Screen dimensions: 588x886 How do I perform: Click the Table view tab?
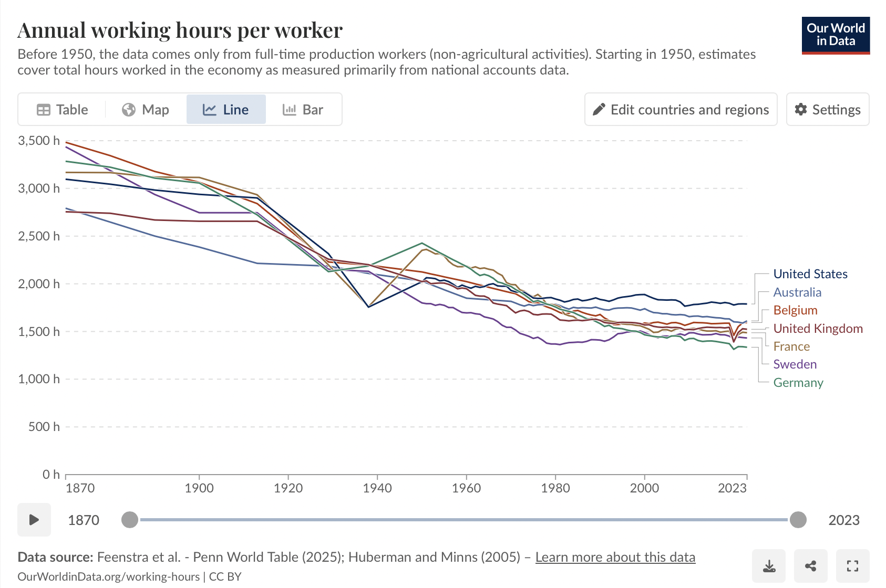coord(63,110)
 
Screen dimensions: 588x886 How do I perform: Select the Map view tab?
coord(146,110)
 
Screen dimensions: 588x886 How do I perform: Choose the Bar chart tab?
coord(303,110)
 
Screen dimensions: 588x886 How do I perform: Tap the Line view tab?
coord(226,110)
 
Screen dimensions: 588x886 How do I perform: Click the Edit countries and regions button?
coord(681,110)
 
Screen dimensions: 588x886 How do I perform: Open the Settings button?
coord(828,110)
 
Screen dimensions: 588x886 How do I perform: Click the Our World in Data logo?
coord(836,35)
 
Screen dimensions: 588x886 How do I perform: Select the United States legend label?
coord(810,274)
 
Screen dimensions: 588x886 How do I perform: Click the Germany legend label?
coord(798,383)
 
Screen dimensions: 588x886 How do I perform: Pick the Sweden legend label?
coord(795,364)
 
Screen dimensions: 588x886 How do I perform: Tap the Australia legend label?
coord(797,292)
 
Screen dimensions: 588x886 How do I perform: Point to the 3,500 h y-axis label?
coord(39,141)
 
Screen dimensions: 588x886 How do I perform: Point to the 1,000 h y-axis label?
coord(39,379)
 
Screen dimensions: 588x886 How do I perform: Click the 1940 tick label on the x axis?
coord(377,488)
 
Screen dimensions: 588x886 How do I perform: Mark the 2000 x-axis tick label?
coord(644,488)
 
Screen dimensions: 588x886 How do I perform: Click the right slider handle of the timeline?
coord(798,520)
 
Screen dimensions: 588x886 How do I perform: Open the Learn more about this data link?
coord(615,557)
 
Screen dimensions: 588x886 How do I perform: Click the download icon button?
coord(769,566)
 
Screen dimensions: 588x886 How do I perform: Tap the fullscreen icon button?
coord(852,566)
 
